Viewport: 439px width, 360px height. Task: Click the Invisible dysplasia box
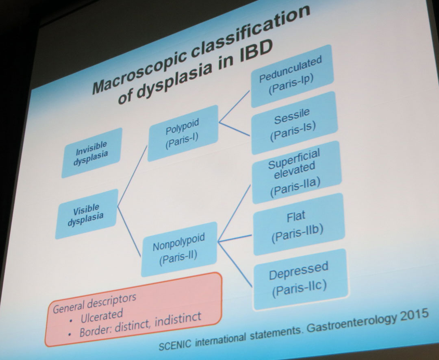click(x=92, y=153)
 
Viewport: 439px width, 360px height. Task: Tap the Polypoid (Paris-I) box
click(x=183, y=133)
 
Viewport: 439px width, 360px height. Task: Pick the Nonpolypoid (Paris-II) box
click(x=179, y=249)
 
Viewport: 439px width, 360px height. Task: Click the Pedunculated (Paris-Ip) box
click(x=292, y=76)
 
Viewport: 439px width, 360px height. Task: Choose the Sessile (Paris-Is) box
click(x=294, y=123)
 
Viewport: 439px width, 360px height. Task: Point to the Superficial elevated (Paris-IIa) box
click(x=296, y=172)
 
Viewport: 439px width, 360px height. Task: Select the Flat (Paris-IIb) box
click(x=298, y=224)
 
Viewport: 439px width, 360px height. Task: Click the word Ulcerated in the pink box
click(x=102, y=316)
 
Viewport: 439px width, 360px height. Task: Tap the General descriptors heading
click(x=95, y=303)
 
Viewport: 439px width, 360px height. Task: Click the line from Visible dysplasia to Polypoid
click(x=133, y=176)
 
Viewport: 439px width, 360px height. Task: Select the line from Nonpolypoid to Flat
click(x=235, y=238)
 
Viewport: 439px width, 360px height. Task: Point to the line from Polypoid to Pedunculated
click(x=235, y=107)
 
